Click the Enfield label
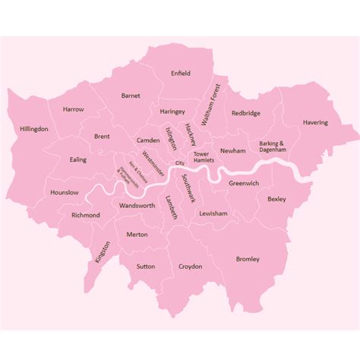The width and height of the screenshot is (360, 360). click(x=181, y=73)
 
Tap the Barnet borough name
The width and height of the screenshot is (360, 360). click(x=131, y=96)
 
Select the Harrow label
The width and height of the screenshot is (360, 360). click(x=74, y=109)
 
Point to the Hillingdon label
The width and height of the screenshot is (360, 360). click(x=34, y=129)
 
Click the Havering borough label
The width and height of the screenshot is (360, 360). click(x=315, y=122)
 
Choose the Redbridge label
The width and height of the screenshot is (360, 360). click(x=246, y=113)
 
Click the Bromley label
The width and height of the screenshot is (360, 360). click(x=248, y=258)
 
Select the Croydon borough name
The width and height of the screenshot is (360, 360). click(x=191, y=267)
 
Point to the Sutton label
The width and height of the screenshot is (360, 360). click(x=146, y=267)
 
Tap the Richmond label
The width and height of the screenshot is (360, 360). click(x=85, y=215)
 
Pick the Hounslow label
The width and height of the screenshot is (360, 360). click(x=64, y=193)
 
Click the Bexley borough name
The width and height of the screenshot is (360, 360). click(x=276, y=199)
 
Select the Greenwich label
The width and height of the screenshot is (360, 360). click(x=245, y=183)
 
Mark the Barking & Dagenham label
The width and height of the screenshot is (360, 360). click(x=272, y=147)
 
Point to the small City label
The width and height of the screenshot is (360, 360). click(x=180, y=163)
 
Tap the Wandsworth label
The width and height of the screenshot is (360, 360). click(x=137, y=206)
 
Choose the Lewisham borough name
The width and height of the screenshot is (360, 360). click(x=213, y=214)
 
